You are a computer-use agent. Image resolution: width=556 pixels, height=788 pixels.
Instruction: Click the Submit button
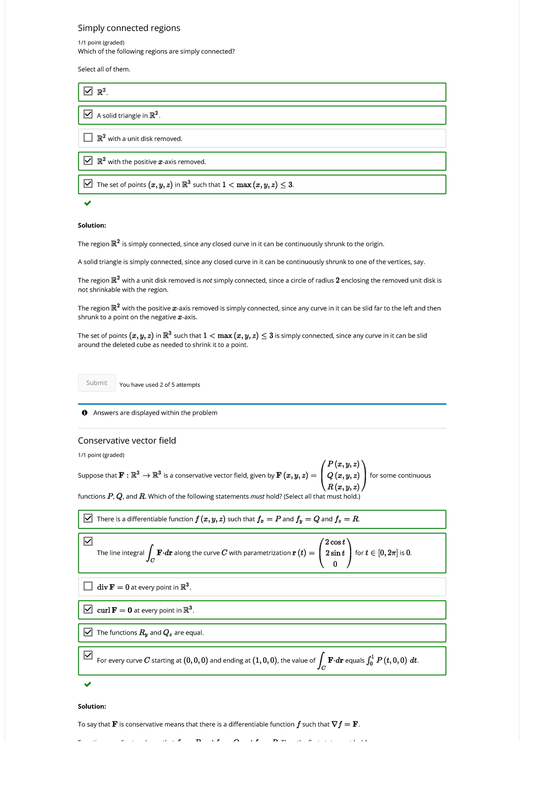[96, 383]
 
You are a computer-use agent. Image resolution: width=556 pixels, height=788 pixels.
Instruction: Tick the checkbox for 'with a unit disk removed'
[88, 138]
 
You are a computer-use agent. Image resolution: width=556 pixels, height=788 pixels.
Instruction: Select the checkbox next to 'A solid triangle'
[88, 114]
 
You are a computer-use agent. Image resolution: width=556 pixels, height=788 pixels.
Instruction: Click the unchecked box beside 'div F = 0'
[88, 586]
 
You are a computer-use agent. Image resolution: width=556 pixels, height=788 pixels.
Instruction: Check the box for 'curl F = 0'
[88, 609]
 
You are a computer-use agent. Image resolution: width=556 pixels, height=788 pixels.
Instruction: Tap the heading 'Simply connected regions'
[129, 28]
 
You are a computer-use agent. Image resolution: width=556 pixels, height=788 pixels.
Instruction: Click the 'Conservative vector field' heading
[127, 440]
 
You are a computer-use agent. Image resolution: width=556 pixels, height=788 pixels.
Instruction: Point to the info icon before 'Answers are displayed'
[85, 413]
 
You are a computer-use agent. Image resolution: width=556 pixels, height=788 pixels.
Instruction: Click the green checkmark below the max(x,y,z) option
[88, 203]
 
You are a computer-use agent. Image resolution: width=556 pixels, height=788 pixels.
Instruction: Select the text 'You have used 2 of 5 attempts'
[159, 385]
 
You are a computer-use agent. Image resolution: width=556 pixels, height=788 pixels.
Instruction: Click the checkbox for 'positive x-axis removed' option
[88, 160]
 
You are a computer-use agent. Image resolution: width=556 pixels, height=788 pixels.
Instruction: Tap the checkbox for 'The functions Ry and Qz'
[88, 632]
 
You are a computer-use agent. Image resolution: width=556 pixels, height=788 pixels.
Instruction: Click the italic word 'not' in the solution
[208, 280]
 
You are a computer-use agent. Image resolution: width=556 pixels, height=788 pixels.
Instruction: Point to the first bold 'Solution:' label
[92, 225]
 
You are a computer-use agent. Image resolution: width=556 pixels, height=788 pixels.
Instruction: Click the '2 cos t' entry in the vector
[335, 542]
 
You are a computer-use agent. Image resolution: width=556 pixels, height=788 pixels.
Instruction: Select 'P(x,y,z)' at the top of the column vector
[343, 464]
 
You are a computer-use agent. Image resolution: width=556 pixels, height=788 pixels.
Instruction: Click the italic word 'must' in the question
[257, 496]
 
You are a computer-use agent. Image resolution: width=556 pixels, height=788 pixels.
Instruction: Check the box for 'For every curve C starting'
[88, 655]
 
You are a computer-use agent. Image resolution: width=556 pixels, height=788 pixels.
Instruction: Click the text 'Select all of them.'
[104, 69]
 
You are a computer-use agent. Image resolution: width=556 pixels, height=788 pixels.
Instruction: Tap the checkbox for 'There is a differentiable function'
[88, 518]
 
